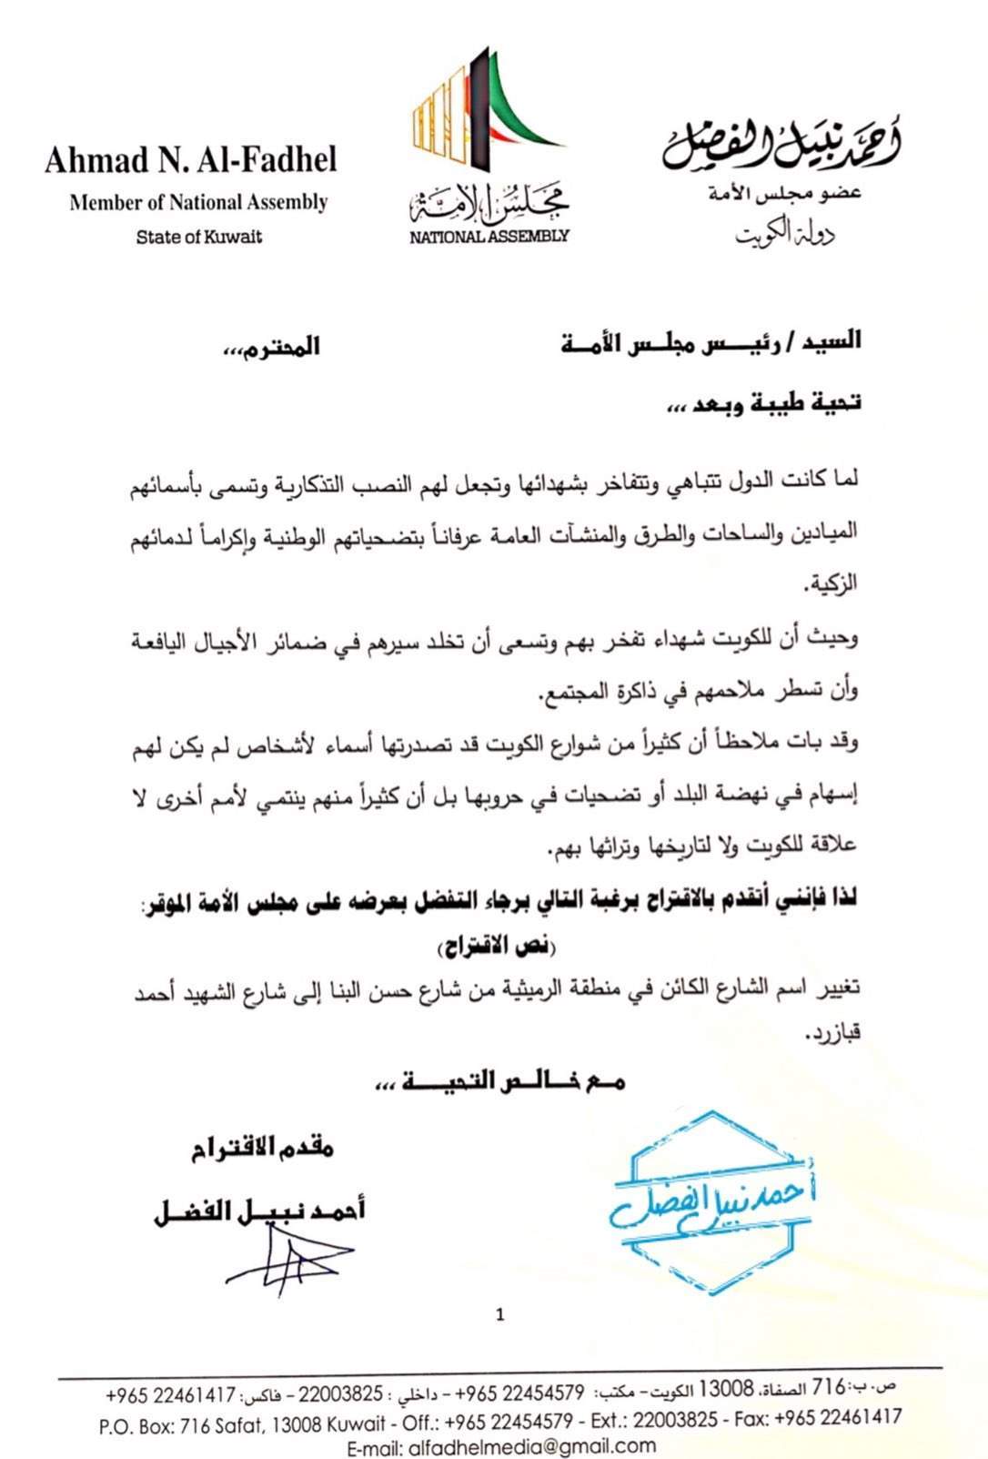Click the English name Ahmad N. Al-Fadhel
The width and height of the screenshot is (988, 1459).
tap(190, 160)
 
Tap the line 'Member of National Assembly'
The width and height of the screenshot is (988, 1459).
tap(198, 202)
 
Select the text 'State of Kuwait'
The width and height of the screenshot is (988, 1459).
tap(199, 237)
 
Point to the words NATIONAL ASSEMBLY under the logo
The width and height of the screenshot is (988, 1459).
tap(489, 236)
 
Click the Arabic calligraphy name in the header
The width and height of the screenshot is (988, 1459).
tap(781, 144)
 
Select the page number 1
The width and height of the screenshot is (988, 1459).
tap(499, 1314)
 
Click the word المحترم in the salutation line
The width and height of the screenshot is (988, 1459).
tap(272, 347)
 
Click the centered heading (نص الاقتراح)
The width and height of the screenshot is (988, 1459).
tap(496, 947)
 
